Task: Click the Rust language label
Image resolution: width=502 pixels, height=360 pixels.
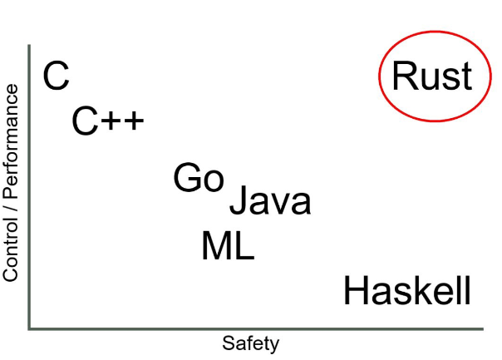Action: [x=431, y=76]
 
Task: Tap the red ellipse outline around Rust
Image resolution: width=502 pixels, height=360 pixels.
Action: [x=381, y=76]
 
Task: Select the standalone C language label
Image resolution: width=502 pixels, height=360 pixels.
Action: [x=56, y=76]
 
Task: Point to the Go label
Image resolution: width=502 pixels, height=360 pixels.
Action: [x=199, y=178]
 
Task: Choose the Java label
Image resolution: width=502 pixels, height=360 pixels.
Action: [x=269, y=201]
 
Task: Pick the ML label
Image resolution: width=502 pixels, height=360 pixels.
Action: [x=228, y=246]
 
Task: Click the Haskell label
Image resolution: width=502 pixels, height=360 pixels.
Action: [x=407, y=292]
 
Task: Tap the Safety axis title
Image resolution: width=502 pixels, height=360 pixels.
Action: [x=250, y=343]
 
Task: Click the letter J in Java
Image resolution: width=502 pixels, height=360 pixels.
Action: [x=237, y=202]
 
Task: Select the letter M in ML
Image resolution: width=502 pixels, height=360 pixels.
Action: [x=214, y=246]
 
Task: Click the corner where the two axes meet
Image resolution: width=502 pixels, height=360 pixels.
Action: [x=30, y=329]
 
